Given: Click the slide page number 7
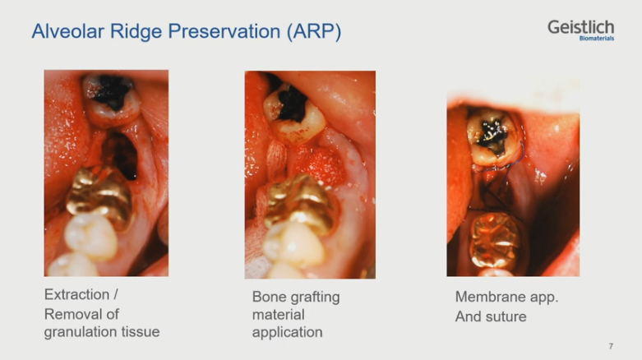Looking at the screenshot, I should tap(611, 346).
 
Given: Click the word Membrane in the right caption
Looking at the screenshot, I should tap(489, 297).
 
